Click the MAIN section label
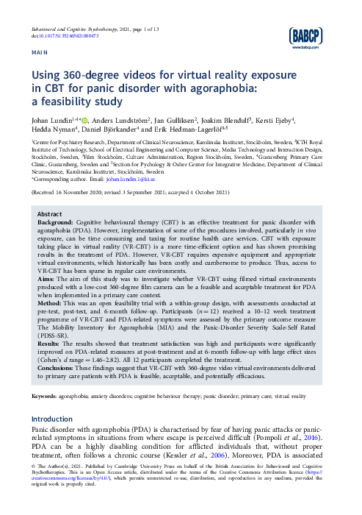[39, 54]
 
